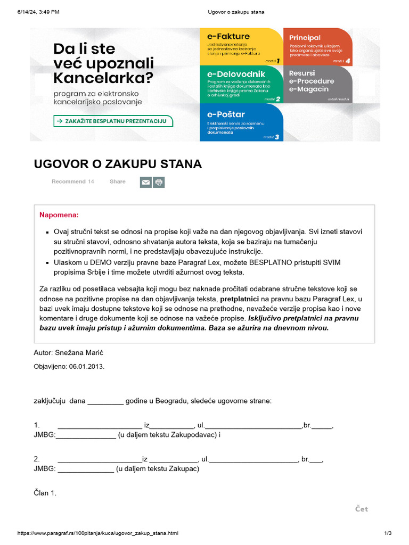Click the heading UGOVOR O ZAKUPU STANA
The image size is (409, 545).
[118, 164]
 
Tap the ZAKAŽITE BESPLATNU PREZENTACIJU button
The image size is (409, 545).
[113, 121]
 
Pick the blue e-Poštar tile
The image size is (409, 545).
[241, 122]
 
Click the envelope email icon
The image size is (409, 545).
[145, 183]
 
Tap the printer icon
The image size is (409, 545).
[159, 183]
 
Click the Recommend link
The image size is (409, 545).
[68, 181]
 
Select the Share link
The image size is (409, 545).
[118, 181]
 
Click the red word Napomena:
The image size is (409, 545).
[59, 215]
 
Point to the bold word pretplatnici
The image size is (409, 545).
[240, 299]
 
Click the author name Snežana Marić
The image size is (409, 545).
[84, 352]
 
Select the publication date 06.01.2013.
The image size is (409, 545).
[86, 367]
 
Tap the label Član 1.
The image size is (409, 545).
[45, 493]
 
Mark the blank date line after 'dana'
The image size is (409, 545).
[105, 401]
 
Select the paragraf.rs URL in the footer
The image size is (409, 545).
[98, 533]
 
